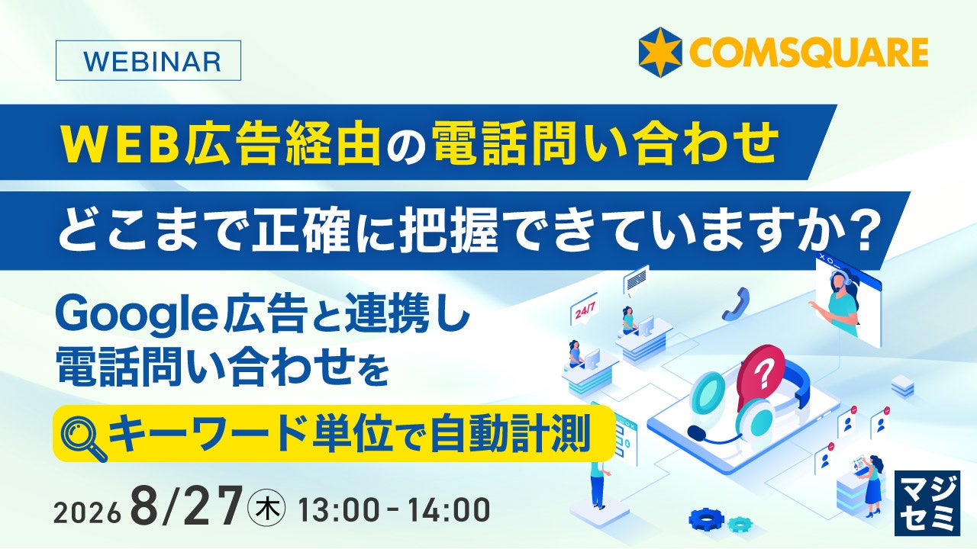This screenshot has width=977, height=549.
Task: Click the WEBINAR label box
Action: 148,60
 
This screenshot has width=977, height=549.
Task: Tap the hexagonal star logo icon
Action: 660,53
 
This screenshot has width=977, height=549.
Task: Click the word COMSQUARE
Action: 808,53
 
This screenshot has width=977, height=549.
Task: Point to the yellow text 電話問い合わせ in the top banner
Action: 606,143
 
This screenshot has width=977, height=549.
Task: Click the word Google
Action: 136,317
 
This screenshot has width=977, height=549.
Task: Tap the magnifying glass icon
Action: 84,439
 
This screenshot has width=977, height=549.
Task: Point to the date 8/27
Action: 185,504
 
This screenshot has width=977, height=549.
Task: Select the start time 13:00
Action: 339,510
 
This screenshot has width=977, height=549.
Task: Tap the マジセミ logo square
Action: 927,502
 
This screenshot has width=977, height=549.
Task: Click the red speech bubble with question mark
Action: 761,373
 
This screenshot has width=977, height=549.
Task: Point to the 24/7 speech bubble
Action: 584,310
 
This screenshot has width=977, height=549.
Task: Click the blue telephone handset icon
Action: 736,303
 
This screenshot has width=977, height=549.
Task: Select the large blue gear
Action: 706,518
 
